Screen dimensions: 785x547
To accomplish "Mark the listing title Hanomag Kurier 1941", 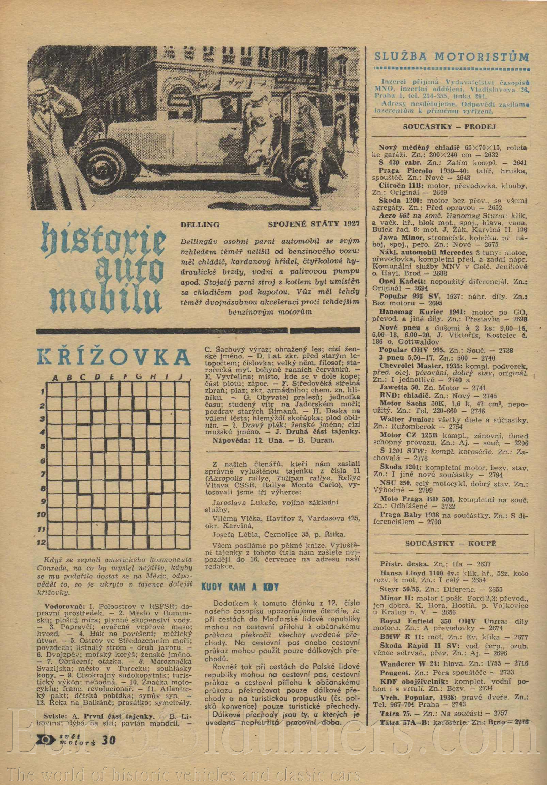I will (411, 312).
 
